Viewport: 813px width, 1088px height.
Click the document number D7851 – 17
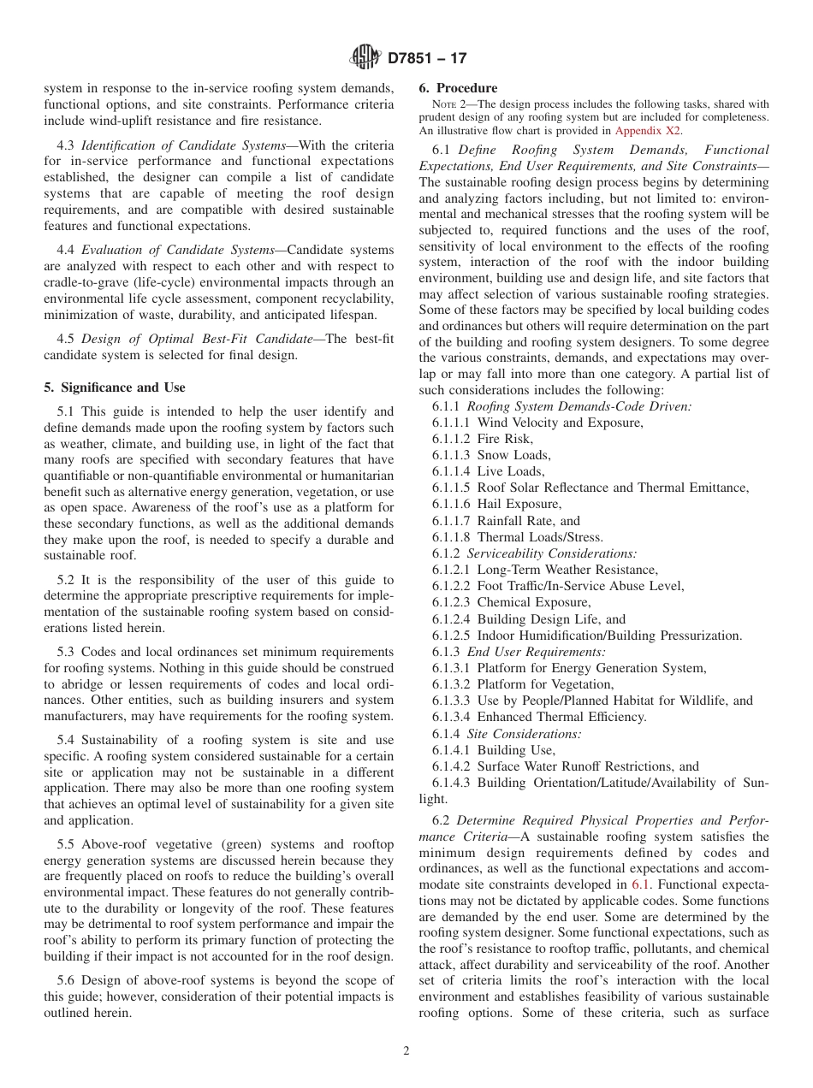click(427, 58)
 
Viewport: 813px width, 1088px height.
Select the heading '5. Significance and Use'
click(114, 387)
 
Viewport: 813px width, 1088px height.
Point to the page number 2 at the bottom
click(406, 1050)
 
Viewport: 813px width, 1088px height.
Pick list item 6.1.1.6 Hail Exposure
click(496, 504)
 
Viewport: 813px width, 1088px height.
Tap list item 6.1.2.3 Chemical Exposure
click(511, 602)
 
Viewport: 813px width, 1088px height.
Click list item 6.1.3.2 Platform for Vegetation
click(522, 684)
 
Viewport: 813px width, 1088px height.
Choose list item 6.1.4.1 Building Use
click(493, 750)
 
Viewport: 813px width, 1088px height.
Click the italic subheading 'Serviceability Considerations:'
click(551, 553)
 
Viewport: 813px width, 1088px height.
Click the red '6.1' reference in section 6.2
click(641, 885)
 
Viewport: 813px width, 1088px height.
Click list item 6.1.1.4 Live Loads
click(489, 471)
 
